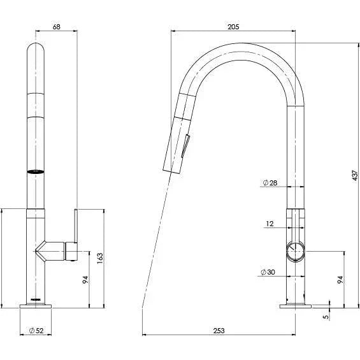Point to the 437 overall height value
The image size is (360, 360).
pos(355,175)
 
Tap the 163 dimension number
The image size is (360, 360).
pos(100,258)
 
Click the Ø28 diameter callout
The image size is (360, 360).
pos(269,184)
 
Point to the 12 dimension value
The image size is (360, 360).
pos(270,224)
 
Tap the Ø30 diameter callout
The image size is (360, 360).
pos(268,273)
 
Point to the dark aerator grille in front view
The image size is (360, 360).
pos(36,171)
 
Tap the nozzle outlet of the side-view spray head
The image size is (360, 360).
pos(168,169)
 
